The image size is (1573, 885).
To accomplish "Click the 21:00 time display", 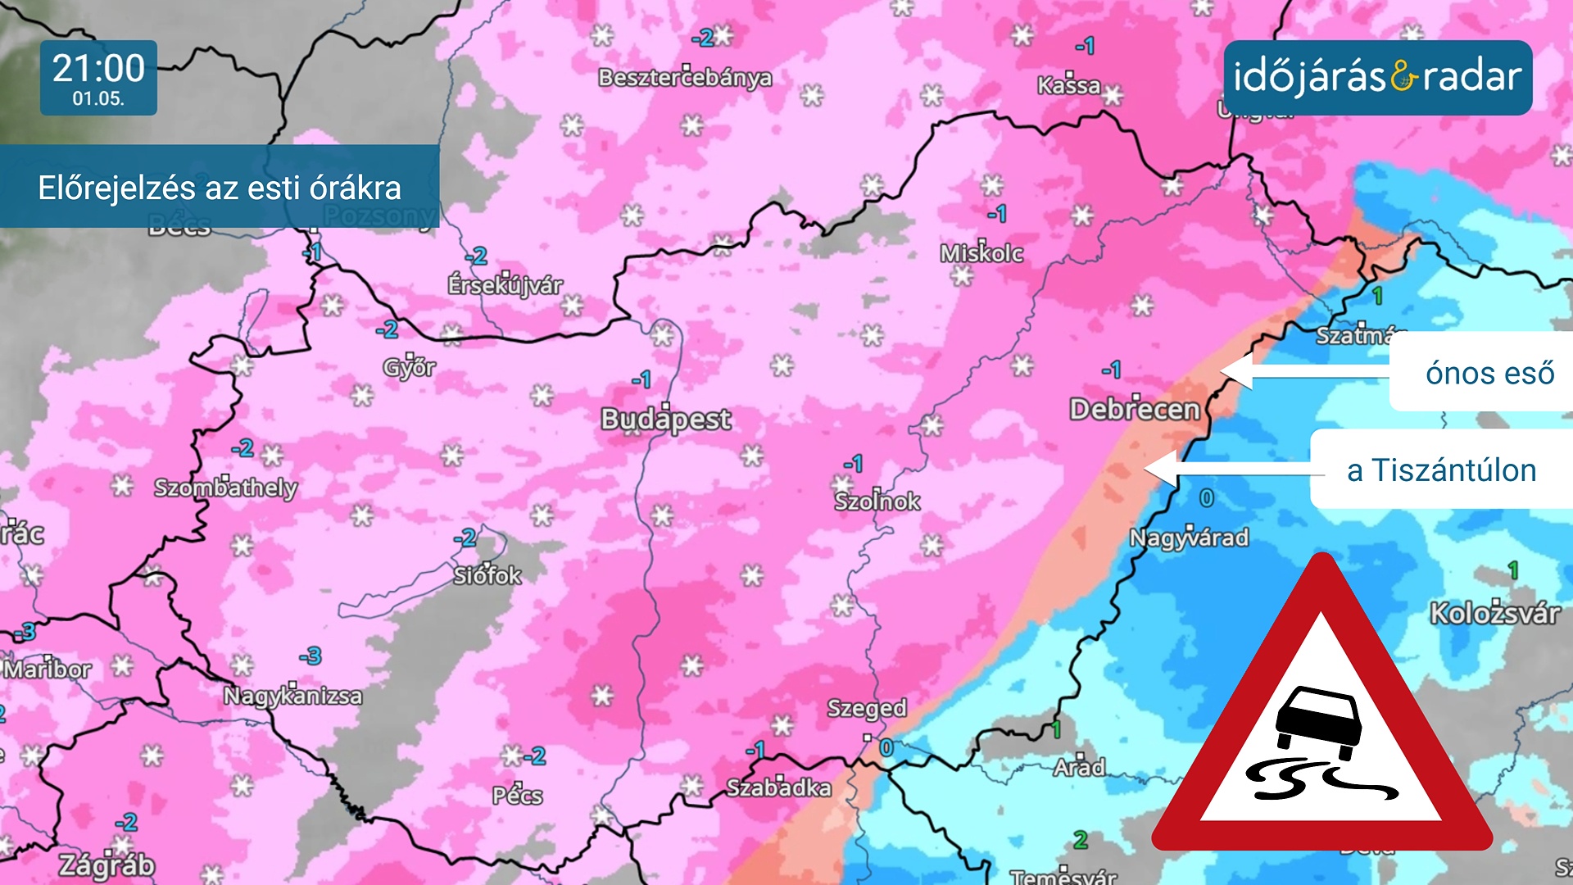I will (x=98, y=68).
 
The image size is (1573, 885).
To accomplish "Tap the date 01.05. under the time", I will (x=98, y=99).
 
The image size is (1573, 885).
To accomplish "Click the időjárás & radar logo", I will (x=1377, y=77).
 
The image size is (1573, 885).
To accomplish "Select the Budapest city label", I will (x=665, y=420).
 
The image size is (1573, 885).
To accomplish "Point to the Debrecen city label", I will (x=1134, y=409).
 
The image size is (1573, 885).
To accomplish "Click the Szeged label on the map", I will (x=867, y=708).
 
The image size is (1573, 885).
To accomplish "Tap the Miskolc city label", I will (x=981, y=253).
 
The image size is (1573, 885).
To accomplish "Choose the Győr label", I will (x=410, y=367).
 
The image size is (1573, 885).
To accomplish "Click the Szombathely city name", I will (x=225, y=488).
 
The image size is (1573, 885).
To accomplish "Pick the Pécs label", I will (x=517, y=795).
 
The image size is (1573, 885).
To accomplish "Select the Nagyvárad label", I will (x=1189, y=538).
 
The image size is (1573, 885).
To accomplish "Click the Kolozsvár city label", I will (x=1494, y=613).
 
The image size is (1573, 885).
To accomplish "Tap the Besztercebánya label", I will (x=685, y=78).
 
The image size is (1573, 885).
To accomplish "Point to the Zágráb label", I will (x=107, y=865).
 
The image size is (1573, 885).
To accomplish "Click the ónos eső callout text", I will (x=1489, y=373).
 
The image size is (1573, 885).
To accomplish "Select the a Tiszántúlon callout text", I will (x=1441, y=470).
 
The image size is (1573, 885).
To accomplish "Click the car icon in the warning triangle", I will (x=1319, y=721).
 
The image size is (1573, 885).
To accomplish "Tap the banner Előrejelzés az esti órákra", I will (x=220, y=188).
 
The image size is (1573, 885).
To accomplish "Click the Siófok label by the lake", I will (x=487, y=575).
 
